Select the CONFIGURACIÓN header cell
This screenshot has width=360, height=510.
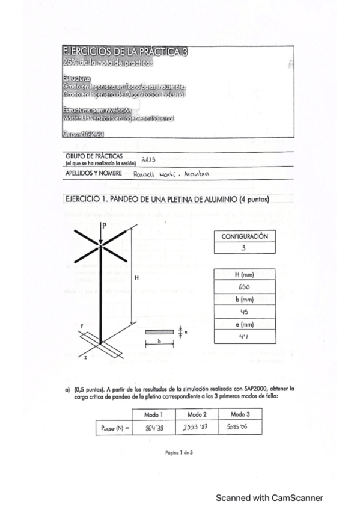(245, 236)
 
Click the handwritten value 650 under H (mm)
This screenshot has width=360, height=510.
(245, 287)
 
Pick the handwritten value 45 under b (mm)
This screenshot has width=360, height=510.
(245, 312)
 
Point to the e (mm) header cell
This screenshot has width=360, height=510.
(245, 325)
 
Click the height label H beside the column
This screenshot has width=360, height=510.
(136, 278)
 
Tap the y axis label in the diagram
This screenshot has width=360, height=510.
(81, 325)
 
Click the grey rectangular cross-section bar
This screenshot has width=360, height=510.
(159, 331)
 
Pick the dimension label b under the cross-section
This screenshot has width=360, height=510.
(159, 340)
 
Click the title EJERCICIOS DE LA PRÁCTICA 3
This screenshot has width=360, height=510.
(125, 52)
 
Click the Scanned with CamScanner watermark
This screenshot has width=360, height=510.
(269, 497)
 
